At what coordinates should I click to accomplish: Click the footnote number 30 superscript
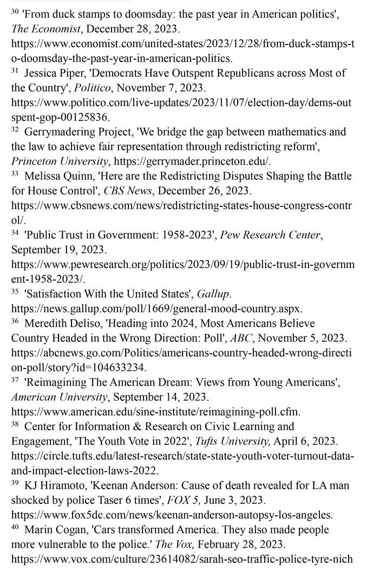point(15,11)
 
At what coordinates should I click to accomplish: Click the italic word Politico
point(89,87)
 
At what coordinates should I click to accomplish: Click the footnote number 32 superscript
point(15,129)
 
